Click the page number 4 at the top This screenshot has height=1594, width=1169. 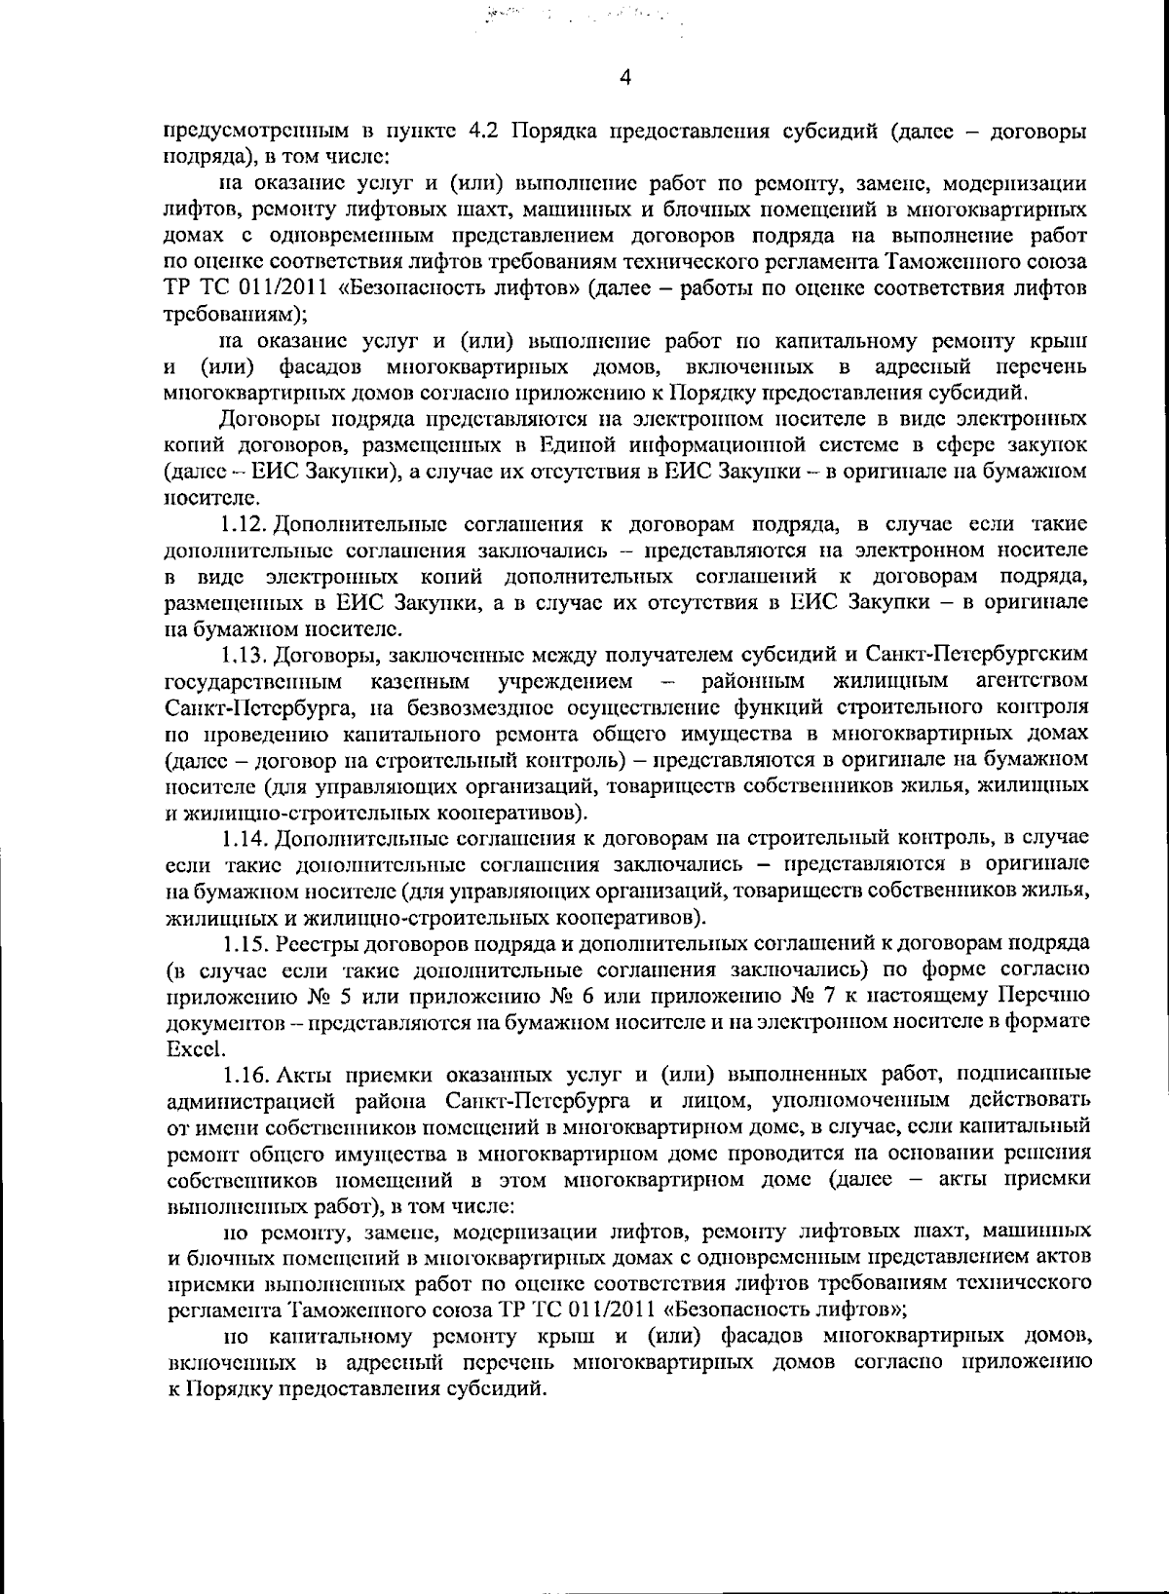click(624, 78)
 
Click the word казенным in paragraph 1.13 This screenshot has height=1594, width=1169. click(421, 679)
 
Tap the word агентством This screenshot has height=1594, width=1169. click(1031, 679)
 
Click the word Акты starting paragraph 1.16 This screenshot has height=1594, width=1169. click(307, 1075)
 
